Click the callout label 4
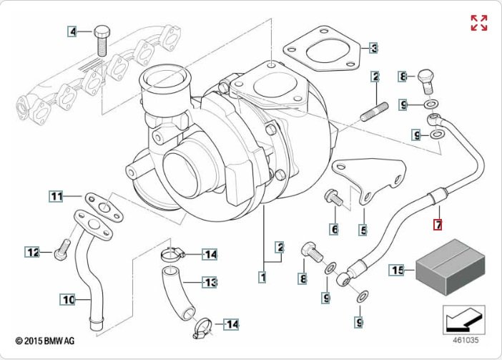click(x=72, y=31)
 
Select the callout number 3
click(x=373, y=49)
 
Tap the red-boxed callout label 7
click(x=439, y=225)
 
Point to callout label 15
click(x=398, y=270)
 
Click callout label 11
click(x=56, y=195)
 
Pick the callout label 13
click(x=210, y=283)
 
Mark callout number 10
click(x=67, y=300)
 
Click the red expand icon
click(x=478, y=23)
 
